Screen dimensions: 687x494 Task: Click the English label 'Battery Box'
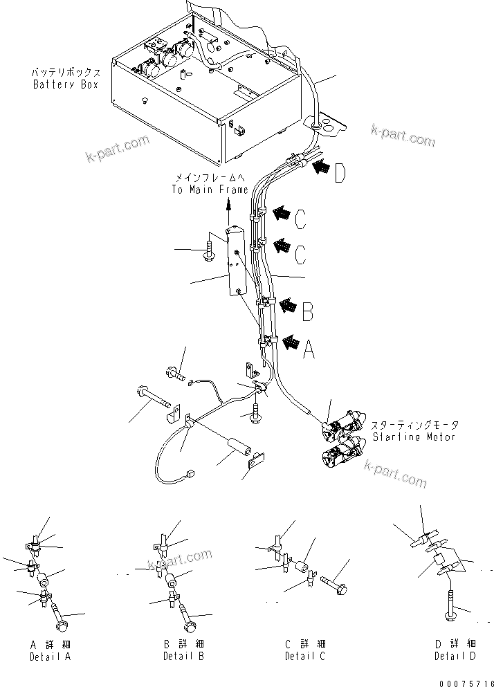(x=66, y=84)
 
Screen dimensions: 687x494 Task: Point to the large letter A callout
(x=309, y=350)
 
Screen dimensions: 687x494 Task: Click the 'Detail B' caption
(x=184, y=655)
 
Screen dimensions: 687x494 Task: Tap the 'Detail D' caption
(x=455, y=655)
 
